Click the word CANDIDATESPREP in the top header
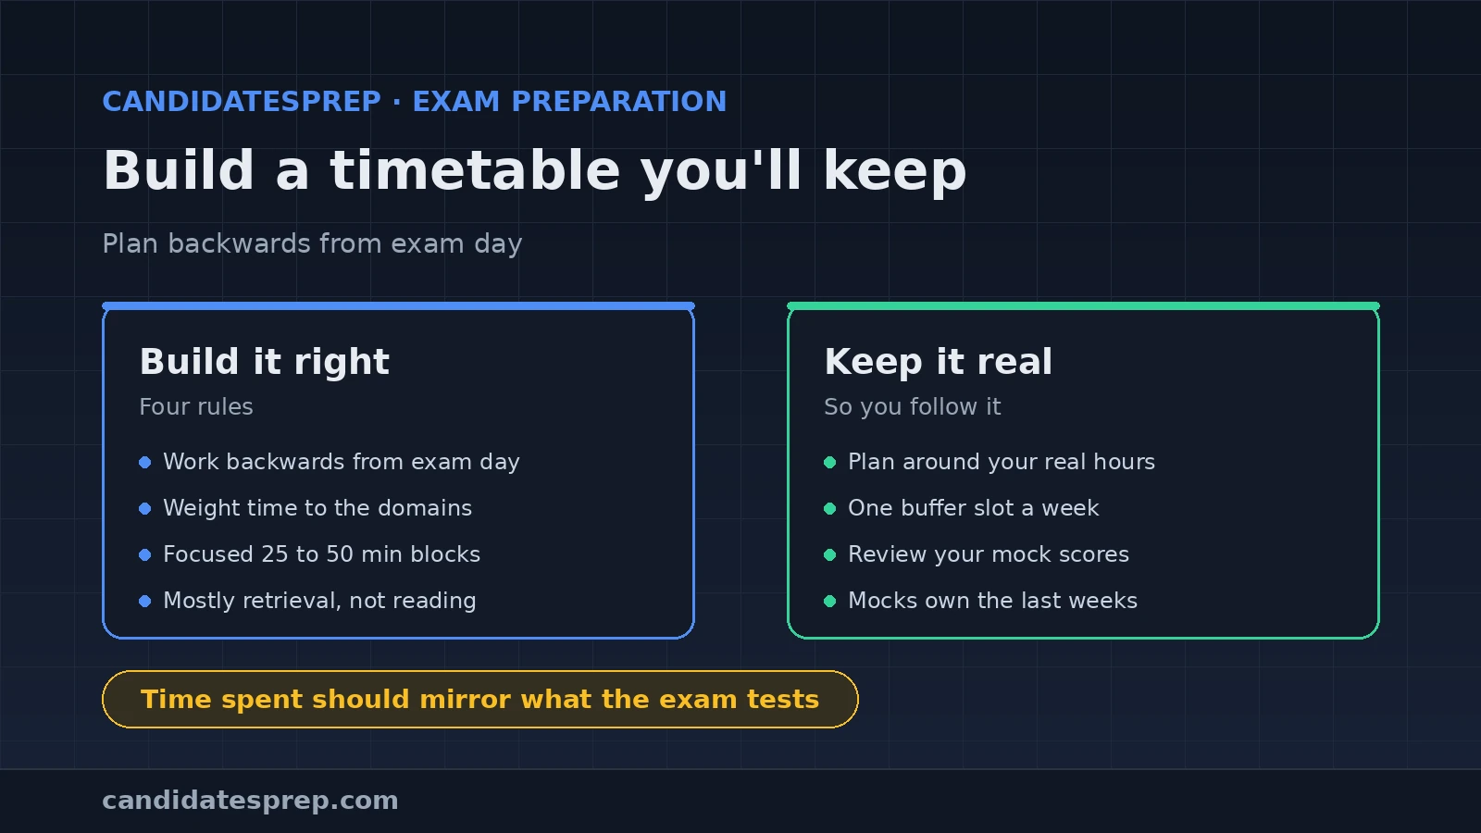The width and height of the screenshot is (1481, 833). pos(242,102)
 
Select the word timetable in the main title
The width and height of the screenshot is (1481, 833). pos(475,170)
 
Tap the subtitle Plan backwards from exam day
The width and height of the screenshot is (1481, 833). pos(312,244)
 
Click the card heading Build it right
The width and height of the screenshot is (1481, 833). pos(265,362)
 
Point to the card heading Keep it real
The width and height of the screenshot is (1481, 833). pos(939,362)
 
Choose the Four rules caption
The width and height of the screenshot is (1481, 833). pos(196,406)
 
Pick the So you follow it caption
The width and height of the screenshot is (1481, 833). pos(913,406)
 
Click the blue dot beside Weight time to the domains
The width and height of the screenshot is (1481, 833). pos(145,508)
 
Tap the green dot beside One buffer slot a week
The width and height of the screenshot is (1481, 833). pos(830,508)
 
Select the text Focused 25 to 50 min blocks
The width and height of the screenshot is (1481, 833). pos(322,554)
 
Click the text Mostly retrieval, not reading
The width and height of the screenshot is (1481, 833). pos(320,601)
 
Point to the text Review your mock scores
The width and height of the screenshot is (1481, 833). pos(989,554)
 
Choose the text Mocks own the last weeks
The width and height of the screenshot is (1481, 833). pos(993,601)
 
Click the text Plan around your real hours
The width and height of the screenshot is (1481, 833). pos(1002,462)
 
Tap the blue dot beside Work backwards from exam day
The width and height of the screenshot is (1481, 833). pos(145,462)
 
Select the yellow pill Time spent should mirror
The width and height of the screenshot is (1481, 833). pos(480,700)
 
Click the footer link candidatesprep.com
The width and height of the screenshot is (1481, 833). pos(250,801)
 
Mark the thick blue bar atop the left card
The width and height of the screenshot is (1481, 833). pos(399,306)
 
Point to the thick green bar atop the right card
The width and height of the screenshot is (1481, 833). pos(1083,306)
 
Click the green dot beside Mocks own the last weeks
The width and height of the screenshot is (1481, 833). pos(830,601)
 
